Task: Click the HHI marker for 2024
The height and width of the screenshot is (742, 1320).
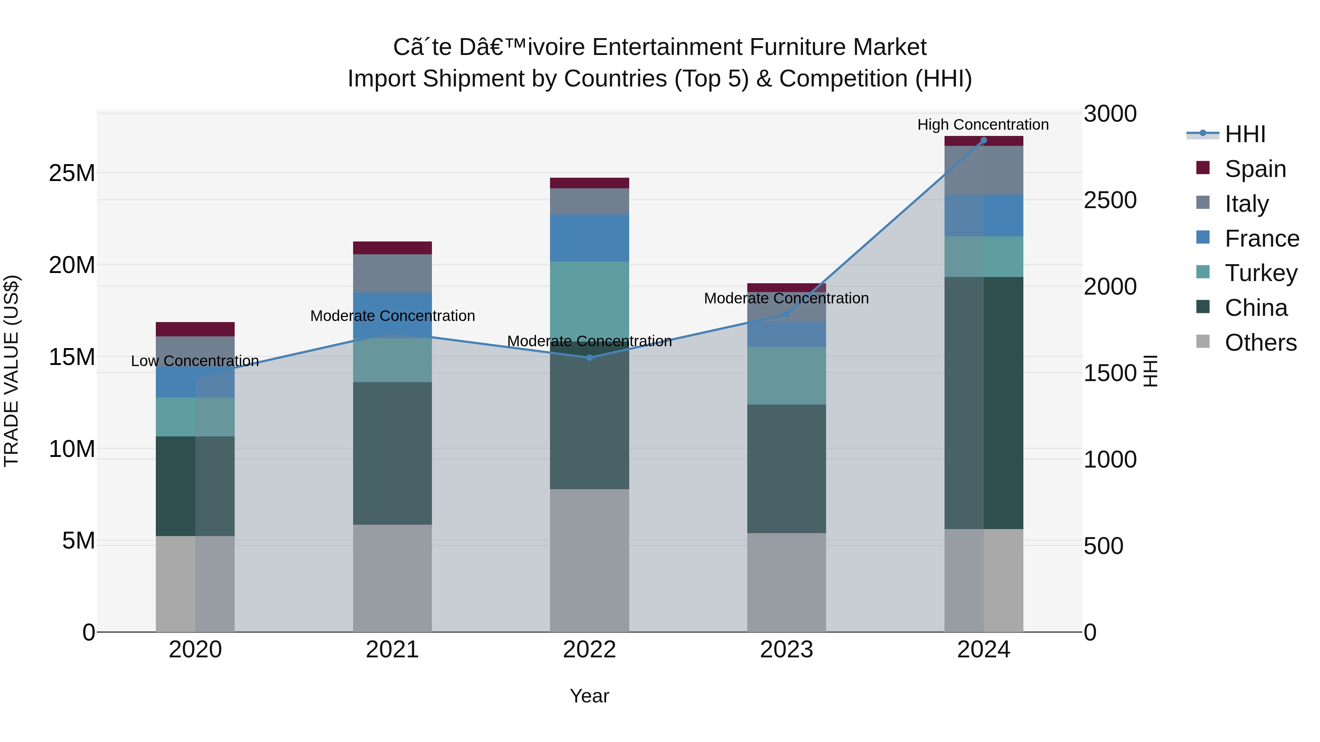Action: click(983, 140)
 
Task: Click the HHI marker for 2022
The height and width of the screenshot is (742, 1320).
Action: click(589, 358)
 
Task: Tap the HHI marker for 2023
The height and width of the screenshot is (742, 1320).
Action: click(786, 314)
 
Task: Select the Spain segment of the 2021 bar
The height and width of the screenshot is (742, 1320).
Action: click(392, 248)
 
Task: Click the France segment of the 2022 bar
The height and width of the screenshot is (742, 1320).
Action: click(589, 238)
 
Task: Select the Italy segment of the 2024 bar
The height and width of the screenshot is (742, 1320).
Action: click(983, 170)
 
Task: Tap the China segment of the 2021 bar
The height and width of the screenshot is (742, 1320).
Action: click(392, 453)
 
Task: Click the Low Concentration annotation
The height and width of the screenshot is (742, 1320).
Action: click(195, 361)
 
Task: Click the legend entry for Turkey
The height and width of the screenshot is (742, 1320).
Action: click(1261, 273)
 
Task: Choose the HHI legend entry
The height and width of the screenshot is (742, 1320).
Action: click(1245, 134)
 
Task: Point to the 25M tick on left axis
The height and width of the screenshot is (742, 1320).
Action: click(72, 173)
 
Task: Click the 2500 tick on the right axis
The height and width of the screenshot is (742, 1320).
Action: click(1110, 200)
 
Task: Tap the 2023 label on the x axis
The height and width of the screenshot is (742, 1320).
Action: click(786, 650)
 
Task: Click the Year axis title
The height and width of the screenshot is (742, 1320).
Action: click(589, 696)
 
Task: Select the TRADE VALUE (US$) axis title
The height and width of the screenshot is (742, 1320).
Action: click(11, 371)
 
